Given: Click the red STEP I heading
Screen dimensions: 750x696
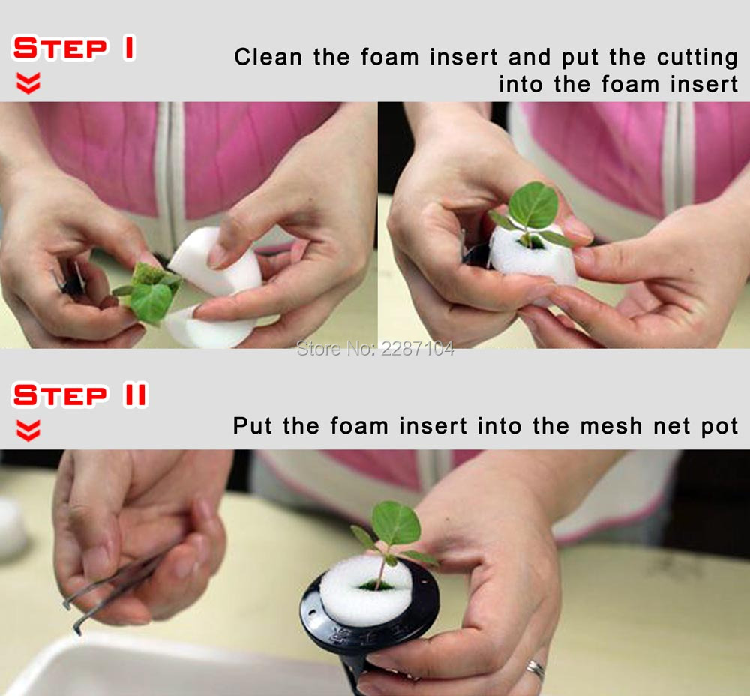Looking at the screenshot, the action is pyautogui.click(x=74, y=48).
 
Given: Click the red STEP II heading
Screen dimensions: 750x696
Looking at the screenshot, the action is pyautogui.click(x=80, y=394).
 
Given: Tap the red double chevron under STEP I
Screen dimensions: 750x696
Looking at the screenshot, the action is pyautogui.click(x=28, y=82).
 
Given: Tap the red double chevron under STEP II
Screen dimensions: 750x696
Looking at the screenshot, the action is pyautogui.click(x=28, y=430).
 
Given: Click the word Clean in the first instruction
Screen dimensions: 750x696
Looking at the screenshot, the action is pyautogui.click(x=268, y=57).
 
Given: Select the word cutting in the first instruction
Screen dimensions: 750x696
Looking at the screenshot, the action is pyautogui.click(x=697, y=58).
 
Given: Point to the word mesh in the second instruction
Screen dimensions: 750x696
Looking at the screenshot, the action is pyautogui.click(x=611, y=426).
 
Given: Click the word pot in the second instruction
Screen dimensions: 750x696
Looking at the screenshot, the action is pyautogui.click(x=720, y=427).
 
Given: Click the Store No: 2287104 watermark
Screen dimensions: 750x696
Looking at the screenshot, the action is pyautogui.click(x=375, y=348).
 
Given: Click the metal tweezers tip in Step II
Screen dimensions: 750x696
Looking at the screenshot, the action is pyautogui.click(x=76, y=631).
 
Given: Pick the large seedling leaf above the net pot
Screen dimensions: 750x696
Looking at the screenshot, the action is pyautogui.click(x=395, y=523).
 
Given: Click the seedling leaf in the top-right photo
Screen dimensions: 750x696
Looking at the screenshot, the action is pyautogui.click(x=532, y=205).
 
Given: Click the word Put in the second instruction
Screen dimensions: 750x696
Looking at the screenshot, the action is pyautogui.click(x=252, y=426).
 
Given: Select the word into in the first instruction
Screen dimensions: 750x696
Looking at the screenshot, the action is pyautogui.click(x=520, y=84).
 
